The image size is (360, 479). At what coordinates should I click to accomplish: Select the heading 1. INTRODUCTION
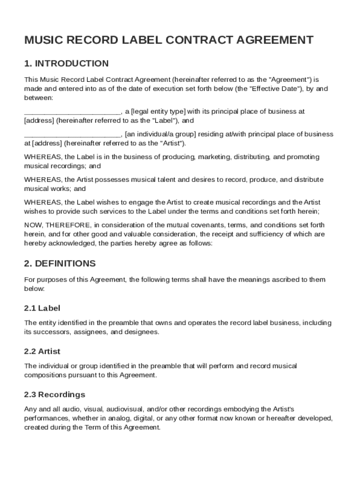tap(66, 64)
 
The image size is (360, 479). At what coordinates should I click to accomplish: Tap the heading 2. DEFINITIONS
tap(60, 263)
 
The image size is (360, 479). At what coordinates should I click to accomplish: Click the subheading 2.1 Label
tap(42, 308)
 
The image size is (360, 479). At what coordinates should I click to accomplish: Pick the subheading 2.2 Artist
tap(43, 351)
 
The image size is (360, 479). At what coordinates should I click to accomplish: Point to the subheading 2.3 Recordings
tap(55, 394)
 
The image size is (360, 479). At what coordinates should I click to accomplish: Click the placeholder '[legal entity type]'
tap(158, 112)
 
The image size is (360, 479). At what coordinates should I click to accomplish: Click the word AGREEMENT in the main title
tap(277, 40)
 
